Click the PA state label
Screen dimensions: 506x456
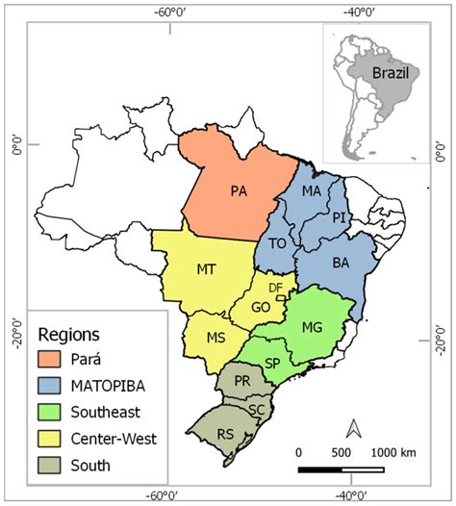[x=240, y=190]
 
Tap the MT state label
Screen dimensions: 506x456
[x=205, y=269]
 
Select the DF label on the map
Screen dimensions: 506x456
[x=275, y=288]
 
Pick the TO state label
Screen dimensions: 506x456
[x=278, y=243]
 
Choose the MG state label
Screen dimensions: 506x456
[x=312, y=327]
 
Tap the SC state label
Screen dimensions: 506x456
[x=256, y=410]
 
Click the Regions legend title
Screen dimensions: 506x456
[x=69, y=335]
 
